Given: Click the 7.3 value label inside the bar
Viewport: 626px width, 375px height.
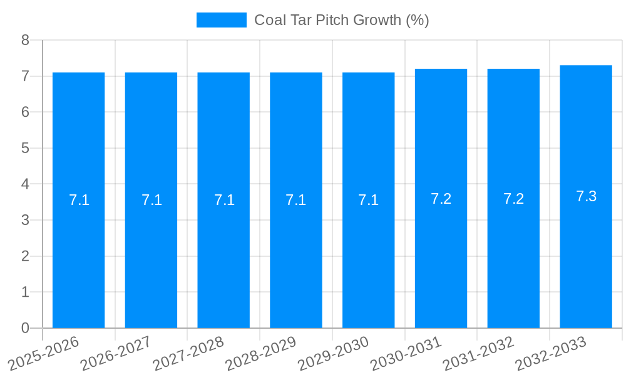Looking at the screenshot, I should click(586, 196).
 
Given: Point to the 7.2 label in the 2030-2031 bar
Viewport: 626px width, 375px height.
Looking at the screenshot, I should click(441, 199).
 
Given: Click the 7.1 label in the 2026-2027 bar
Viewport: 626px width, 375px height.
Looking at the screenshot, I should click(151, 200).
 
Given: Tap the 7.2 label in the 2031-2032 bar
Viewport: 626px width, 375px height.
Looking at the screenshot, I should click(513, 199).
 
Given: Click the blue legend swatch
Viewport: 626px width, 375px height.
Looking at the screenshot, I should click(221, 20).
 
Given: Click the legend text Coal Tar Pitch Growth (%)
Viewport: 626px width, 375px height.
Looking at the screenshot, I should click(341, 20).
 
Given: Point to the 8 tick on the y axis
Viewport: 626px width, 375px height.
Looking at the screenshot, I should click(25, 40).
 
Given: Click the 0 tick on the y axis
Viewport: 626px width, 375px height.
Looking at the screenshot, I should click(25, 328).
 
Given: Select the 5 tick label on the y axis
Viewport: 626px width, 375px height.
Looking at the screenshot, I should click(25, 148).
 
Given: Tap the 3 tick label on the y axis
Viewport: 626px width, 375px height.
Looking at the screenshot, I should click(25, 220).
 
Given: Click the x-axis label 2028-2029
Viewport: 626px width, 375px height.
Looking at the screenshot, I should click(260, 354).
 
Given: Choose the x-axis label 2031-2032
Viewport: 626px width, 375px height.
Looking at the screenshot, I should click(478, 354).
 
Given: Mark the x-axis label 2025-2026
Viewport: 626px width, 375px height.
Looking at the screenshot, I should click(43, 354).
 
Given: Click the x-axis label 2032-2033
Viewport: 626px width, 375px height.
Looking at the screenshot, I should click(551, 354).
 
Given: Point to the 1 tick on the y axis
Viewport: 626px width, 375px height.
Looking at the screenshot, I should click(25, 292).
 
